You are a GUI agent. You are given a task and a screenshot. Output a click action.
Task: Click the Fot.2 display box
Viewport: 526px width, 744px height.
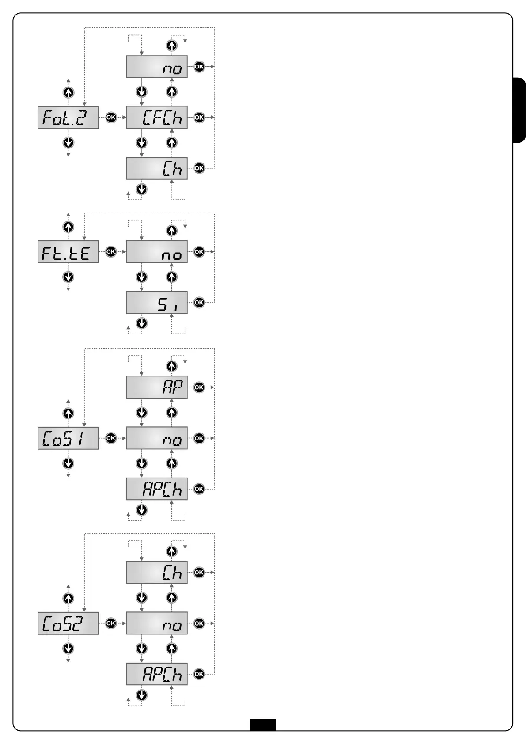(68, 118)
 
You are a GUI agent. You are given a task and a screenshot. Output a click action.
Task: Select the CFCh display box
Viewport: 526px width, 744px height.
(157, 118)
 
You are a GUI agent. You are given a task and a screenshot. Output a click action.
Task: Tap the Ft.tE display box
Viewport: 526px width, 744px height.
(68, 252)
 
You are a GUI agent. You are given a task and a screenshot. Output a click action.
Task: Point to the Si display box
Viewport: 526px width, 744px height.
(157, 303)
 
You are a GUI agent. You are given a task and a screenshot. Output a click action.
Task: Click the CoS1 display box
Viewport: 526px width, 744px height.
(68, 438)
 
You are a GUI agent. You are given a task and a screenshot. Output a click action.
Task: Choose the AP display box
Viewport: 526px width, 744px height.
(157, 387)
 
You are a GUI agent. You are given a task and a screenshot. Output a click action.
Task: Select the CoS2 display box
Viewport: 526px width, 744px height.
(68, 623)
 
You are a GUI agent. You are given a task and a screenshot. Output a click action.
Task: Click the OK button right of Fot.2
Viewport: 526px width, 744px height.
(111, 118)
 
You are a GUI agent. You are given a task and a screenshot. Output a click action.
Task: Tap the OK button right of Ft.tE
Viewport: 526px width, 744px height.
(111, 251)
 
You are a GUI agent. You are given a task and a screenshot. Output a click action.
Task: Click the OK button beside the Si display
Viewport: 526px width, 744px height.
(199, 303)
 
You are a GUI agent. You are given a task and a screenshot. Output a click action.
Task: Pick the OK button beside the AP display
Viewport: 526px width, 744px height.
(199, 387)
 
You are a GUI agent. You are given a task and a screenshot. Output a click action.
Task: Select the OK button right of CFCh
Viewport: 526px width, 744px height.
(199, 118)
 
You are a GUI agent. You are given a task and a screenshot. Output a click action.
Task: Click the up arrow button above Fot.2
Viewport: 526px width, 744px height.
(68, 92)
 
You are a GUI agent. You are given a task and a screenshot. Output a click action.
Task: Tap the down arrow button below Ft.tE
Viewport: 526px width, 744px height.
(68, 277)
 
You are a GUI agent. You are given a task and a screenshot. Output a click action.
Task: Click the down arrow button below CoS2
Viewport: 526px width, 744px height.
(68, 649)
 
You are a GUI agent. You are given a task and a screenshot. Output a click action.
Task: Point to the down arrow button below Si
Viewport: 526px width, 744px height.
(141, 323)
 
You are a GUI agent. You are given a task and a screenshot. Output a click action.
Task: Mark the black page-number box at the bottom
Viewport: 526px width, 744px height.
(263, 725)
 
